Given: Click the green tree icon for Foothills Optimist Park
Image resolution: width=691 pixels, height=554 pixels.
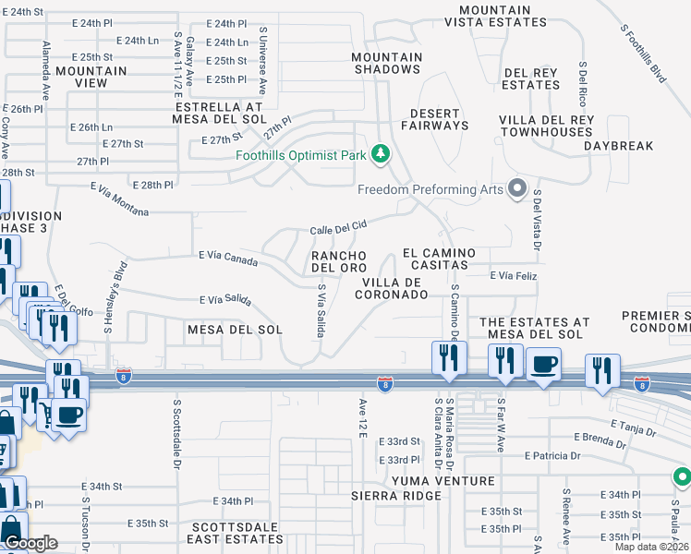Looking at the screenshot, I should click(379, 154).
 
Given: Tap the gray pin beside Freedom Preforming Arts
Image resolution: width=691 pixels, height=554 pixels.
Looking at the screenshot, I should click(517, 189).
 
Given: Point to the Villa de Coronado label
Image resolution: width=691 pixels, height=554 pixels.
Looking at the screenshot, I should click(394, 288).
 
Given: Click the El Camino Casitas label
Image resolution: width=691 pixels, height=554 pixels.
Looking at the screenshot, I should click(439, 259).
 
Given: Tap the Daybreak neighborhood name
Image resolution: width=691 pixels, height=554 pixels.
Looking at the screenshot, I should click(618, 146).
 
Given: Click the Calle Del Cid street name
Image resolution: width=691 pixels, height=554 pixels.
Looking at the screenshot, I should click(338, 226).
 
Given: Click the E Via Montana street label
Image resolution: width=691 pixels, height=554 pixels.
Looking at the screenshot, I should click(119, 199).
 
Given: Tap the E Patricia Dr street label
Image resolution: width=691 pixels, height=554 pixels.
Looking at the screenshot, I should click(552, 455).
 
